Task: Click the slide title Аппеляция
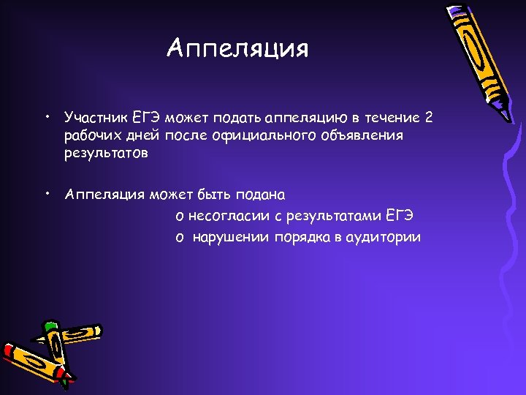pos(237,49)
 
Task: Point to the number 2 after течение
pos(429,117)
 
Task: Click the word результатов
pos(106,154)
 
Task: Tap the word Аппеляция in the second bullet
pos(104,195)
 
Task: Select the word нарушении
pos(231,238)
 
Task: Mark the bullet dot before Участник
pos(46,116)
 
